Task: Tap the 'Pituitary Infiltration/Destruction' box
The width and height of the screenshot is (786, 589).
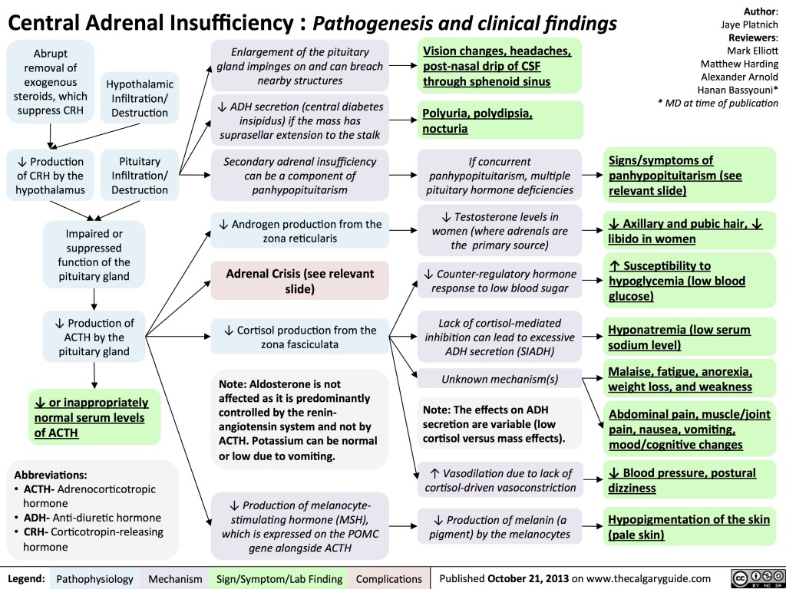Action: (x=140, y=176)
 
